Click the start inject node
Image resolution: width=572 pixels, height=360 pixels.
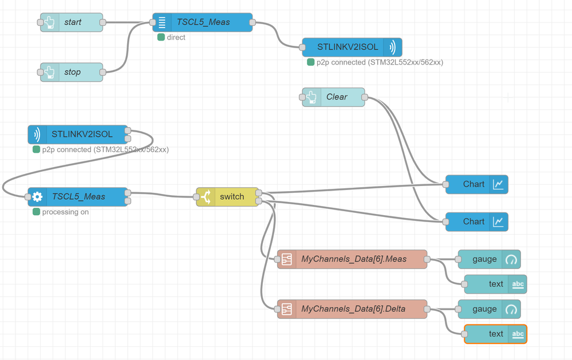pos(72,22)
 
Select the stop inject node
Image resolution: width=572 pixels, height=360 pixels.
pos(72,72)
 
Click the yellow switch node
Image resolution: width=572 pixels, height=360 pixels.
pos(228,197)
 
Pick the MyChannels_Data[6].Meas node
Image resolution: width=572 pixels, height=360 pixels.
pos(353,259)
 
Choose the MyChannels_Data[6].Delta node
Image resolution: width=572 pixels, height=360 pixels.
pos(353,309)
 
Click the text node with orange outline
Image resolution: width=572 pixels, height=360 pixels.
pos(495,334)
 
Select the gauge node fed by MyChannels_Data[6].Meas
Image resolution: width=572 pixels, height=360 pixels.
pos(489,259)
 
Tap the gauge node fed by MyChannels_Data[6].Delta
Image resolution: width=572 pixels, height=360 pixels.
pos(489,309)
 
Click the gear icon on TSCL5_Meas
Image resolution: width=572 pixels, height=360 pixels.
pos(37,197)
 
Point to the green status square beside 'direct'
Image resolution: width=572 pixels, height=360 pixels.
pos(161,37)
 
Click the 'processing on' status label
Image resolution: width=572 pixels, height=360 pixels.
pos(65,212)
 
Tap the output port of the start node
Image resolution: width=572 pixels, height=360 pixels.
pos(103,22)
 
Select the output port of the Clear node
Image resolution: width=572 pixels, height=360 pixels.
pos(365,97)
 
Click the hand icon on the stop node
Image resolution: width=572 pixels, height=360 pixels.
pos(50,72)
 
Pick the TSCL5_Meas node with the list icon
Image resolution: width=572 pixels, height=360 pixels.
pos(203,22)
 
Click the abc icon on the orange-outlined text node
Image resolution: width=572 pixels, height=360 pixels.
pos(517,334)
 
